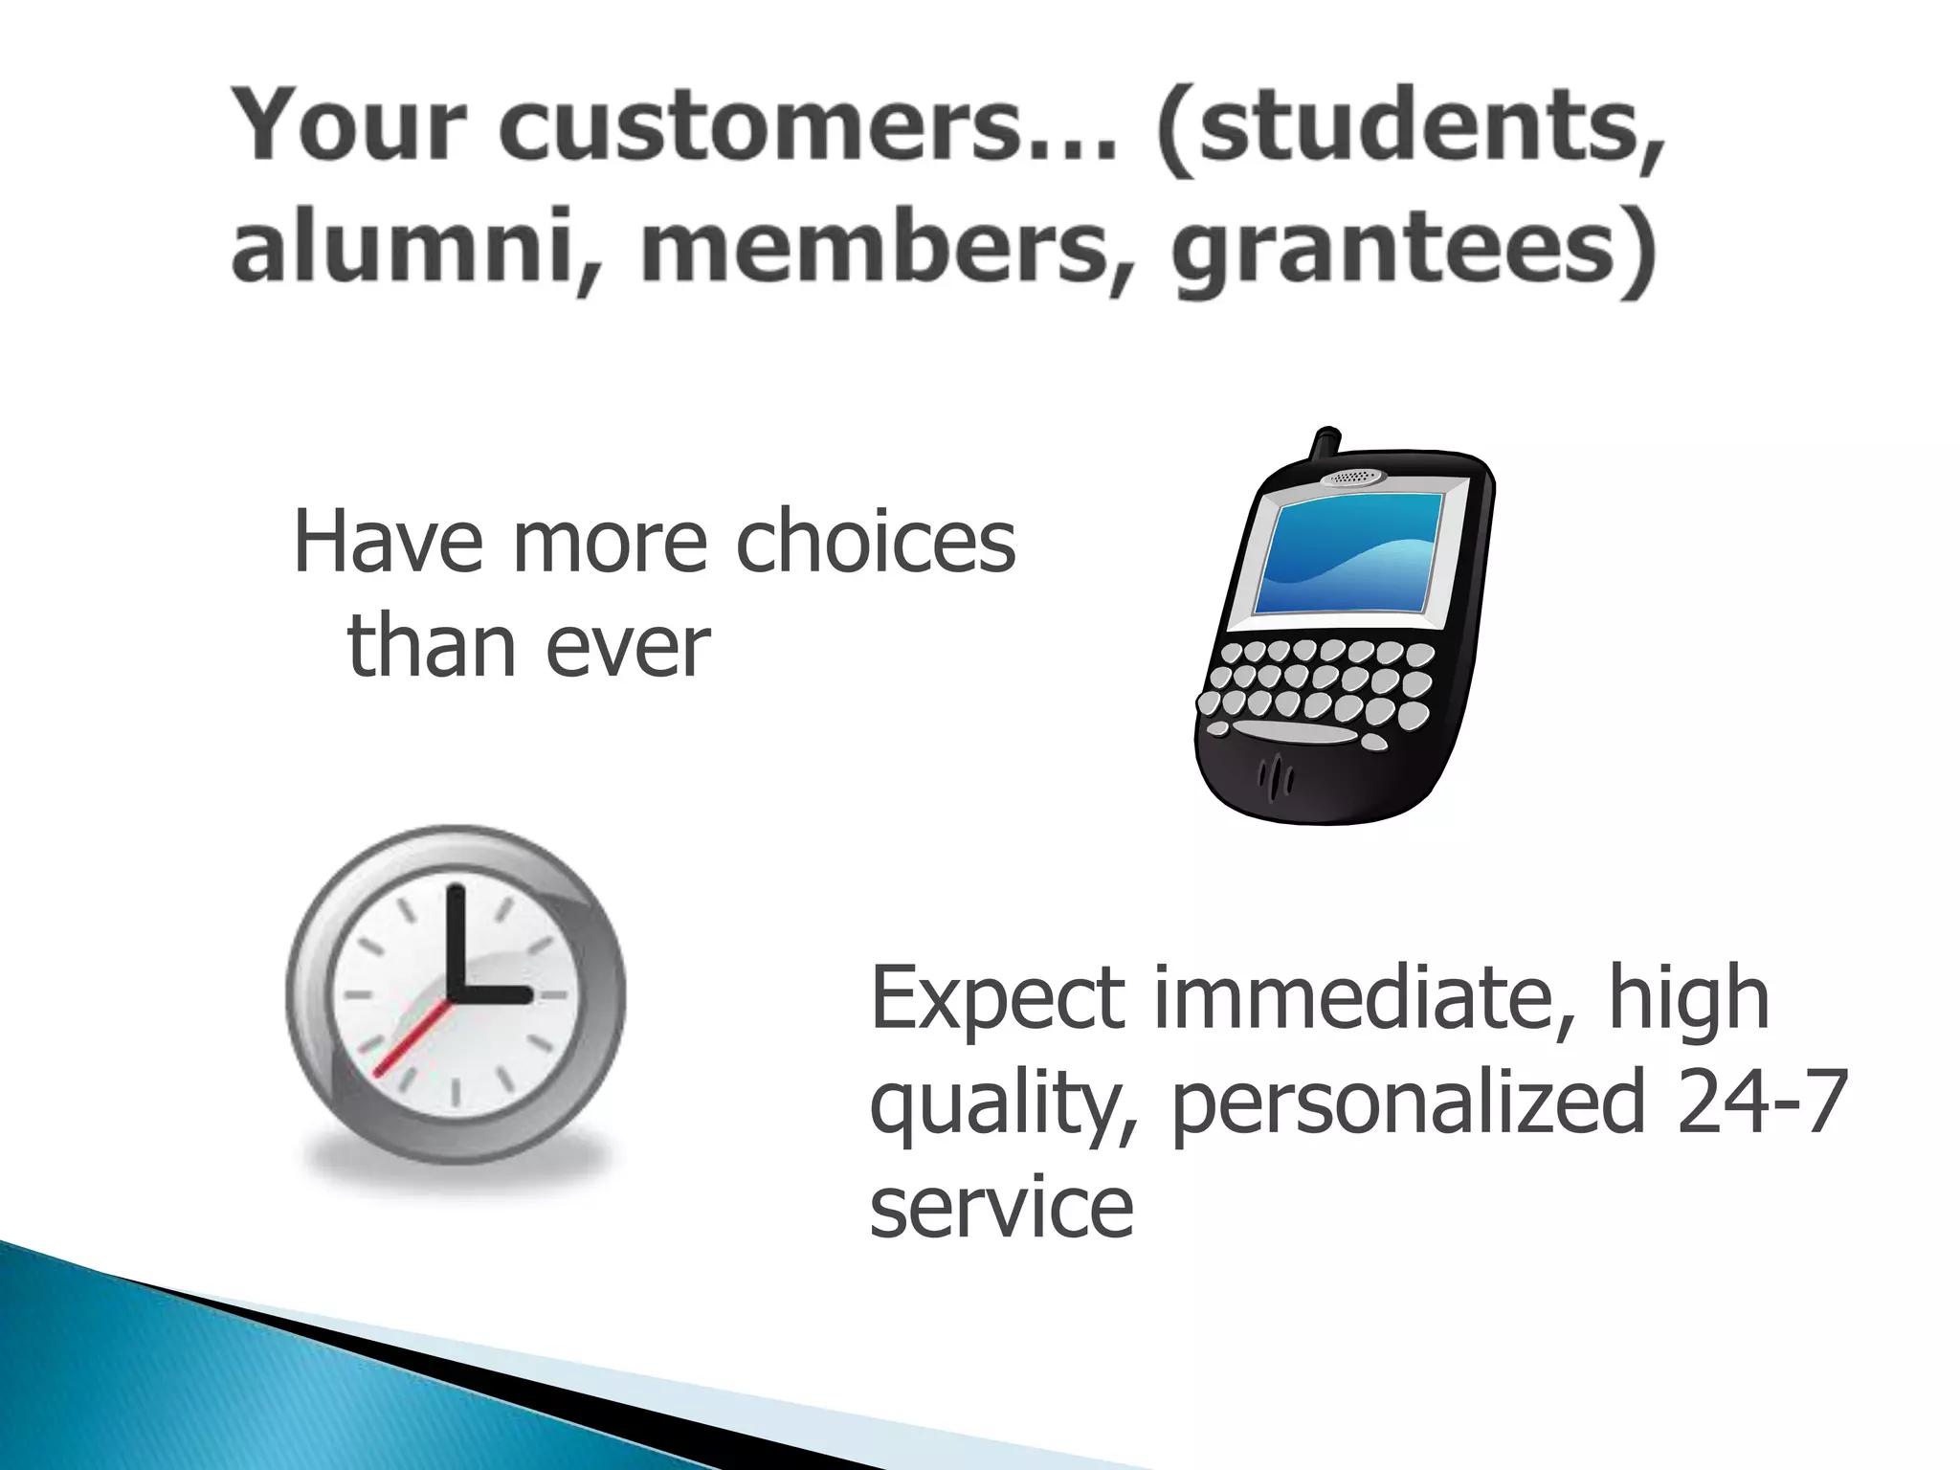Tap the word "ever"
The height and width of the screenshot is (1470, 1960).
tap(628, 648)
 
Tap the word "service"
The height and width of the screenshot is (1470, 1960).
tap(1001, 1208)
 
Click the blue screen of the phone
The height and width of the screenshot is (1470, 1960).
tap(1347, 553)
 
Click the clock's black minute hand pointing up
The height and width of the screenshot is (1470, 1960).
tap(457, 939)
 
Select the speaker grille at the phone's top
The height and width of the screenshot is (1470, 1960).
tap(1353, 477)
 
